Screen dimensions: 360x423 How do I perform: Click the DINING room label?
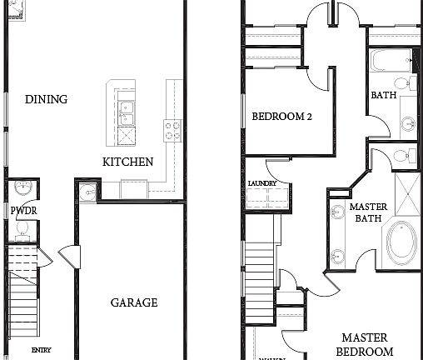pyautogui.click(x=46, y=99)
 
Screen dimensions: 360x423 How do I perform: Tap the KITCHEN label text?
pyautogui.click(x=127, y=162)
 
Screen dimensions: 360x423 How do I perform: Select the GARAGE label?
pyautogui.click(x=134, y=302)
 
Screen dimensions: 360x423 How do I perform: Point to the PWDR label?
pyautogui.click(x=22, y=212)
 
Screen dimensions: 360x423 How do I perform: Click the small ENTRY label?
pyautogui.click(x=42, y=350)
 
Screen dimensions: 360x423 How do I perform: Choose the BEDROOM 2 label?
pyautogui.click(x=281, y=117)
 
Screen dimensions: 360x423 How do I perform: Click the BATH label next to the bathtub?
pyautogui.click(x=383, y=95)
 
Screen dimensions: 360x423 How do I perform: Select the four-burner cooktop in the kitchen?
pyautogui.click(x=172, y=129)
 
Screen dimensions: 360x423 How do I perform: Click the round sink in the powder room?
pyautogui.click(x=22, y=187)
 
